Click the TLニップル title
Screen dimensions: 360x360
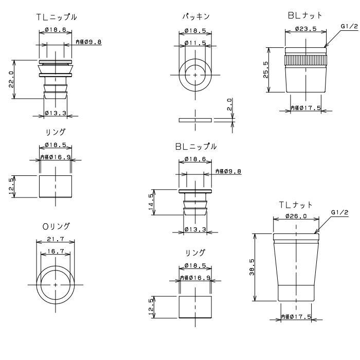coord(57,17)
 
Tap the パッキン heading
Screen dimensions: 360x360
coord(196,16)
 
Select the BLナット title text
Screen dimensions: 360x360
coord(305,15)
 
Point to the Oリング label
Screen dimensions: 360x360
coord(56,227)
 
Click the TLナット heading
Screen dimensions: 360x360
coord(296,205)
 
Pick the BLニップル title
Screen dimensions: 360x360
coord(196,147)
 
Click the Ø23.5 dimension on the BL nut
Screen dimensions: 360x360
coord(306,29)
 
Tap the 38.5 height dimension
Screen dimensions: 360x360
coord(252,267)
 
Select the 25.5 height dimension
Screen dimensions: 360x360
coord(266,70)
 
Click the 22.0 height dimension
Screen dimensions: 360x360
coord(11,79)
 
